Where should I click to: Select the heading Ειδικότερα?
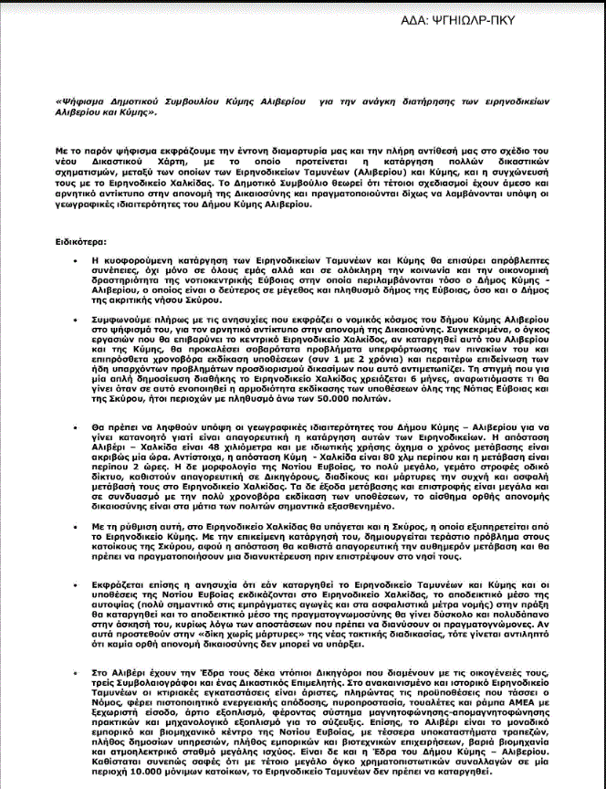click(80, 242)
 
